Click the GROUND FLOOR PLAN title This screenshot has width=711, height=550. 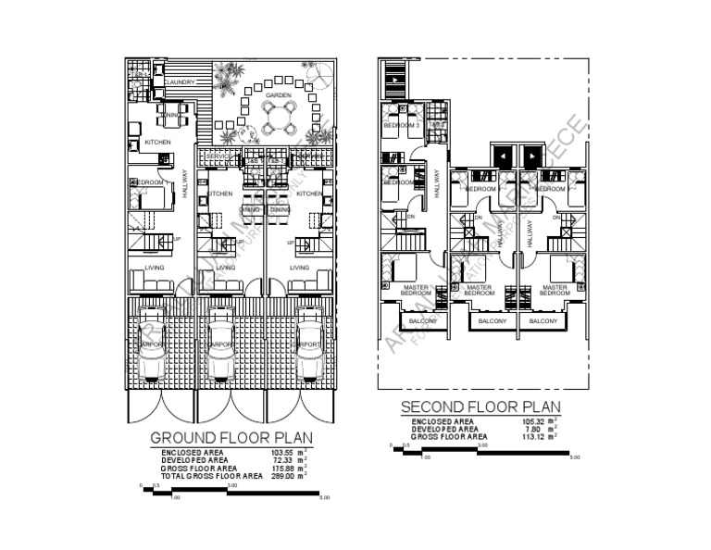(231, 437)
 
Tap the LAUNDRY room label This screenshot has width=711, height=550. (180, 82)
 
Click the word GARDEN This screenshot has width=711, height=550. (279, 95)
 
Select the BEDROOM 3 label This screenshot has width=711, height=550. (402, 125)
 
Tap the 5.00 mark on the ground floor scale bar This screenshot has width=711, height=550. (324, 497)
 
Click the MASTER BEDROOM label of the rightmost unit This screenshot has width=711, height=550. (554, 290)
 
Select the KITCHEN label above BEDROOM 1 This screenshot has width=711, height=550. (157, 142)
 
